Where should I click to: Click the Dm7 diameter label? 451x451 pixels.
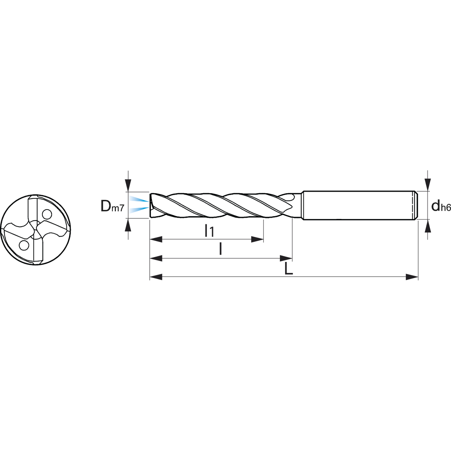point(112,206)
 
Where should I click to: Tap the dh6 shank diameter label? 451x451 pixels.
point(441,206)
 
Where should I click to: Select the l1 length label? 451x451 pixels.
point(209,231)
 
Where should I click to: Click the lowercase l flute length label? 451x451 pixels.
point(220,249)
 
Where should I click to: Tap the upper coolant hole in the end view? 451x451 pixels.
point(47,214)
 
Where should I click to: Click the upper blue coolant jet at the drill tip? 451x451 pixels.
point(139,199)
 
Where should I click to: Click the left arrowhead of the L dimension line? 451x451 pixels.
point(156,277)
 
